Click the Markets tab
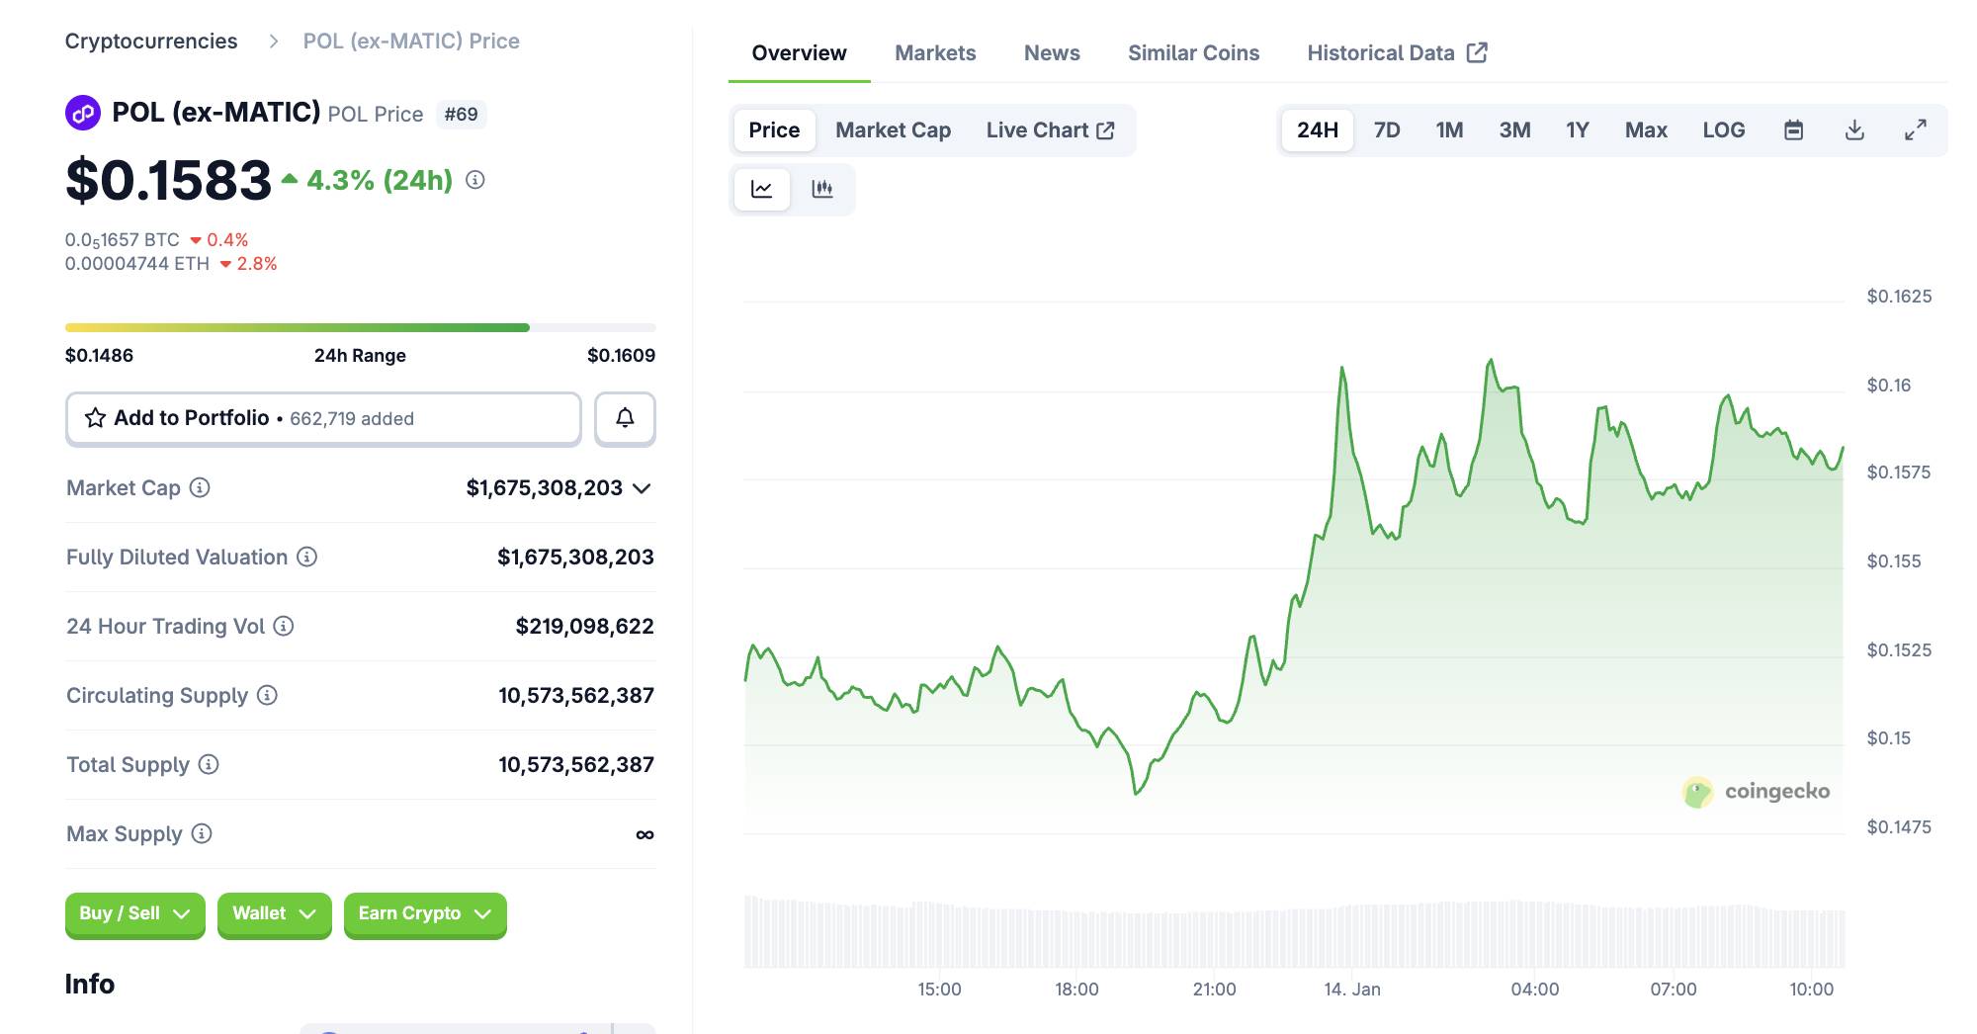[x=934, y=53]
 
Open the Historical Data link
[x=1396, y=53]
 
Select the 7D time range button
[x=1386, y=130]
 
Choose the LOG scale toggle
[x=1723, y=130]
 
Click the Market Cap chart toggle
[x=893, y=130]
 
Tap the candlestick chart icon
[x=821, y=189]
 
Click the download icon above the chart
[x=1854, y=130]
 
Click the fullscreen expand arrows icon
[x=1915, y=130]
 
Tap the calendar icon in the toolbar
[x=1793, y=130]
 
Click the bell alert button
[x=625, y=418]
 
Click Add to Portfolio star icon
[x=95, y=418]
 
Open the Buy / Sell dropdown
[x=134, y=913]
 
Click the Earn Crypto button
[x=424, y=913]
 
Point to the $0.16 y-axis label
[x=1888, y=386]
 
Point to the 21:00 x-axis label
[x=1214, y=990]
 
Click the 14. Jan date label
[x=1351, y=990]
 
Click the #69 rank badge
[x=461, y=115]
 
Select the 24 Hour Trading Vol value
[x=584, y=627]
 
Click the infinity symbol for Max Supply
[x=645, y=835]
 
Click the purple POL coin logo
[x=83, y=113]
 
